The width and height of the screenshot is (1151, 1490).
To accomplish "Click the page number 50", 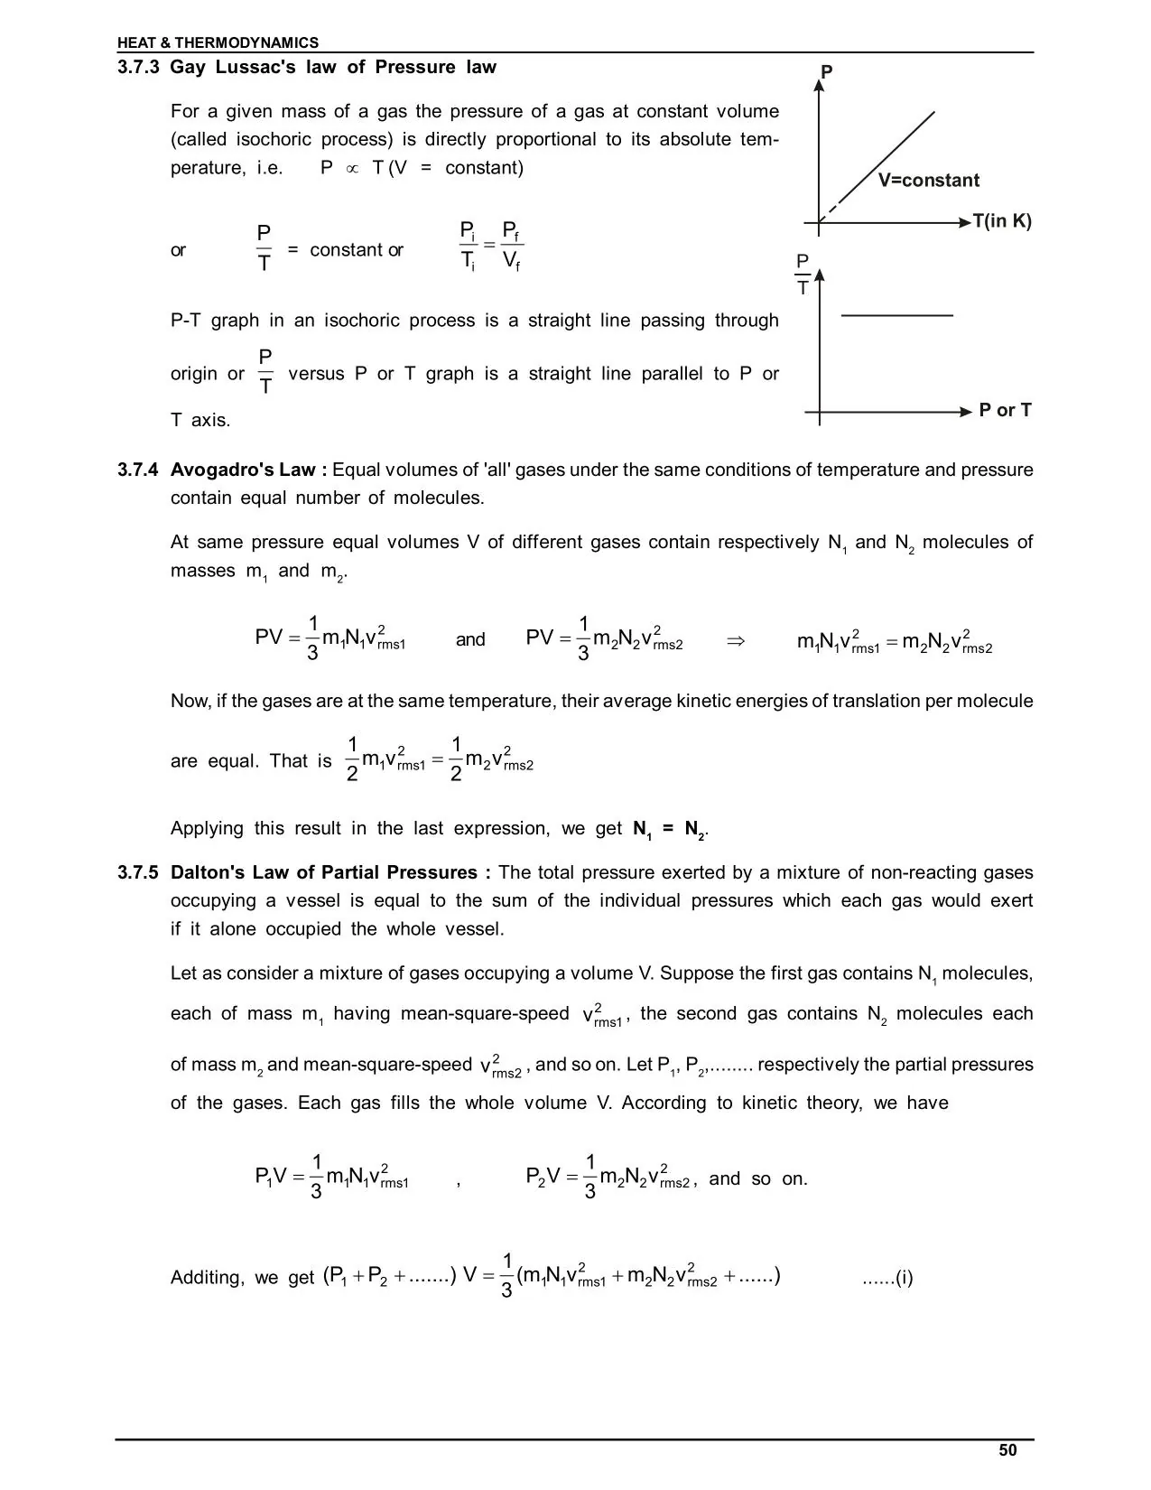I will pyautogui.click(x=1007, y=1450).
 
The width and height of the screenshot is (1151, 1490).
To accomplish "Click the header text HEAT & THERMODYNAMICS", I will pyautogui.click(x=218, y=42).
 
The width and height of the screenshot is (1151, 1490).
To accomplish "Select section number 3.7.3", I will pyautogui.click(x=138, y=67).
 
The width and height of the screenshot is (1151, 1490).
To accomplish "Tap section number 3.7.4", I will pyautogui.click(x=138, y=470).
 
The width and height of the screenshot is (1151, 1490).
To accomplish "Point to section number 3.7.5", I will pyautogui.click(x=138, y=872).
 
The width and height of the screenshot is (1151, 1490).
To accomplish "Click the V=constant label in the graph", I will pyautogui.click(x=928, y=180).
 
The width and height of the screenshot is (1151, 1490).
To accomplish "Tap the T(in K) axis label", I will pyautogui.click(x=1001, y=221).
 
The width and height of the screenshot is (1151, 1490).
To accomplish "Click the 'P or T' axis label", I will pyautogui.click(x=1005, y=411).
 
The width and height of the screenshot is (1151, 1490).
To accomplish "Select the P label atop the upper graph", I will pyautogui.click(x=826, y=71).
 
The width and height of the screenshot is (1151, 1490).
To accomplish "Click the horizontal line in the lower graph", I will pyautogui.click(x=896, y=315).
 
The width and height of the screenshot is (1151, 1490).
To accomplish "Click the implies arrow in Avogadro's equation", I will pyautogui.click(x=735, y=640).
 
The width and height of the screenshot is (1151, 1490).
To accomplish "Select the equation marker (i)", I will pyautogui.click(x=888, y=1278).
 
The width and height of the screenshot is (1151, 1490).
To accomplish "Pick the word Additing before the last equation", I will pyautogui.click(x=207, y=1278).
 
